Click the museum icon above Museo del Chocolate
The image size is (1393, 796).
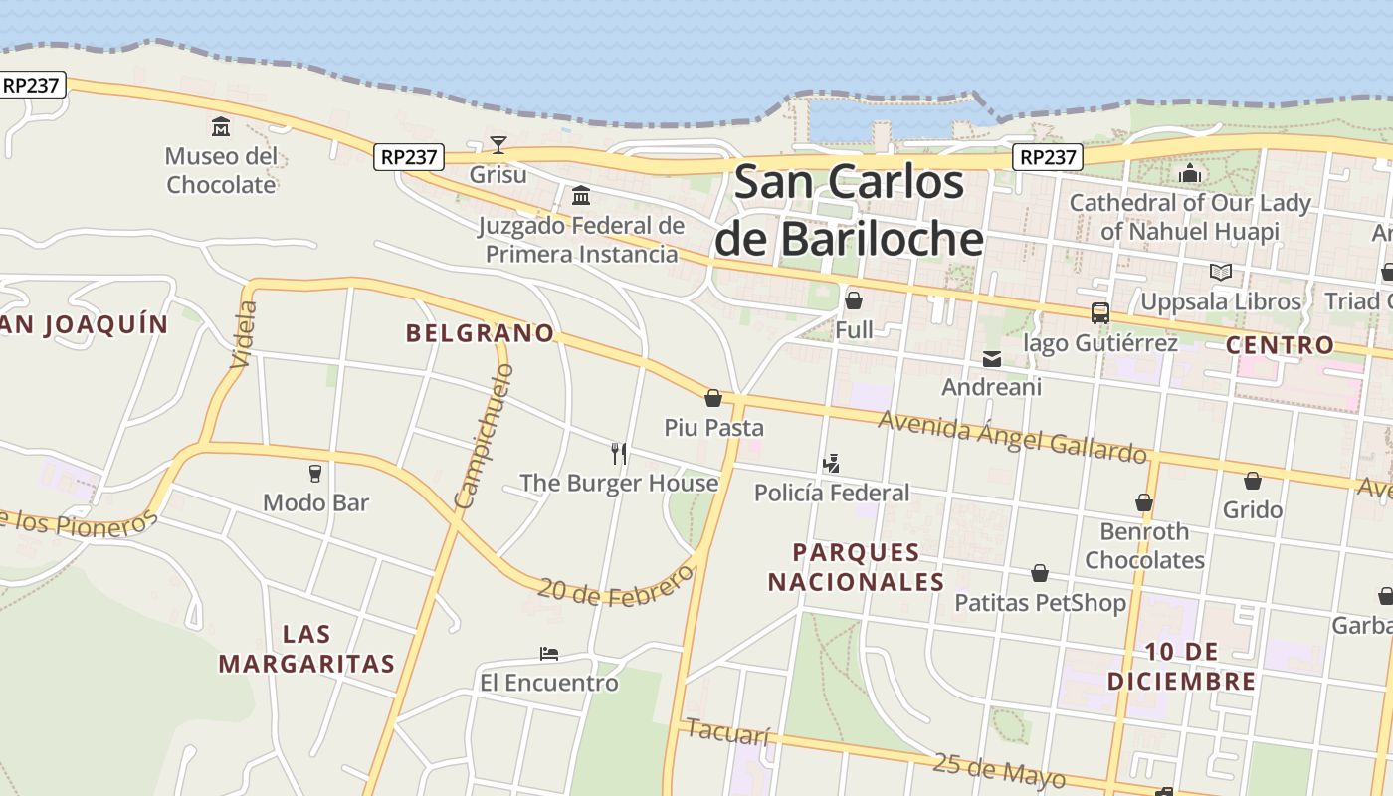(221, 126)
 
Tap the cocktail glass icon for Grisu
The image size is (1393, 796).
(498, 145)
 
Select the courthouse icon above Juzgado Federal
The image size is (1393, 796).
(581, 195)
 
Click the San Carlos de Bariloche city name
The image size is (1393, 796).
(849, 211)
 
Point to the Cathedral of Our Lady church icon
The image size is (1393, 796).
(1190, 174)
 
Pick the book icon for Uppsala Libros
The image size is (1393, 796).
(1221, 272)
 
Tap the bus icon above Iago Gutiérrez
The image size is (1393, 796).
(1100, 313)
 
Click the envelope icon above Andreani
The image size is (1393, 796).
(992, 358)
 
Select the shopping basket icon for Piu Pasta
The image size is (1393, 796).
(713, 399)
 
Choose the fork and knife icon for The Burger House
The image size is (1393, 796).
(619, 454)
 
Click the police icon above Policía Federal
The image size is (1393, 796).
(832, 463)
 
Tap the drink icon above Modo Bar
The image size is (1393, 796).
(315, 473)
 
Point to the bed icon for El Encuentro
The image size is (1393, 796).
(549, 654)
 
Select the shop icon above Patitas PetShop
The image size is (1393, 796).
(1040, 573)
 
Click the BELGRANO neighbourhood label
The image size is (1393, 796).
(480, 333)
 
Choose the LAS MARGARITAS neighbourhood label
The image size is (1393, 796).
(306, 649)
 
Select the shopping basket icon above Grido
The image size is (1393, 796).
(1253, 481)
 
